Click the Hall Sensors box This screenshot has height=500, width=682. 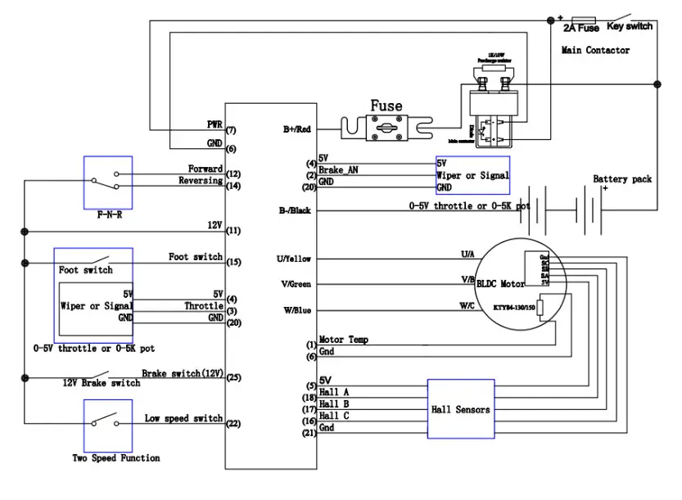pyautogui.click(x=460, y=408)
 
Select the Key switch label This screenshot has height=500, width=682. pyautogui.click(x=630, y=27)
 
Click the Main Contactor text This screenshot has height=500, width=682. pyautogui.click(x=595, y=51)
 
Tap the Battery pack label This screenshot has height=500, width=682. pyautogui.click(x=622, y=179)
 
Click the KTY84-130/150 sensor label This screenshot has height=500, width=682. pyautogui.click(x=514, y=307)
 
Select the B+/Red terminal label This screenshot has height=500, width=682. pyautogui.click(x=296, y=128)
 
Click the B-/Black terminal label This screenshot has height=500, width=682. pyautogui.click(x=295, y=210)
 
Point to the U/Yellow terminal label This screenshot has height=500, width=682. pyautogui.click(x=294, y=259)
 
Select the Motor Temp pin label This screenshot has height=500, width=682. pyautogui.click(x=343, y=340)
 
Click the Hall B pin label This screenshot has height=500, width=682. pyautogui.click(x=334, y=404)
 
